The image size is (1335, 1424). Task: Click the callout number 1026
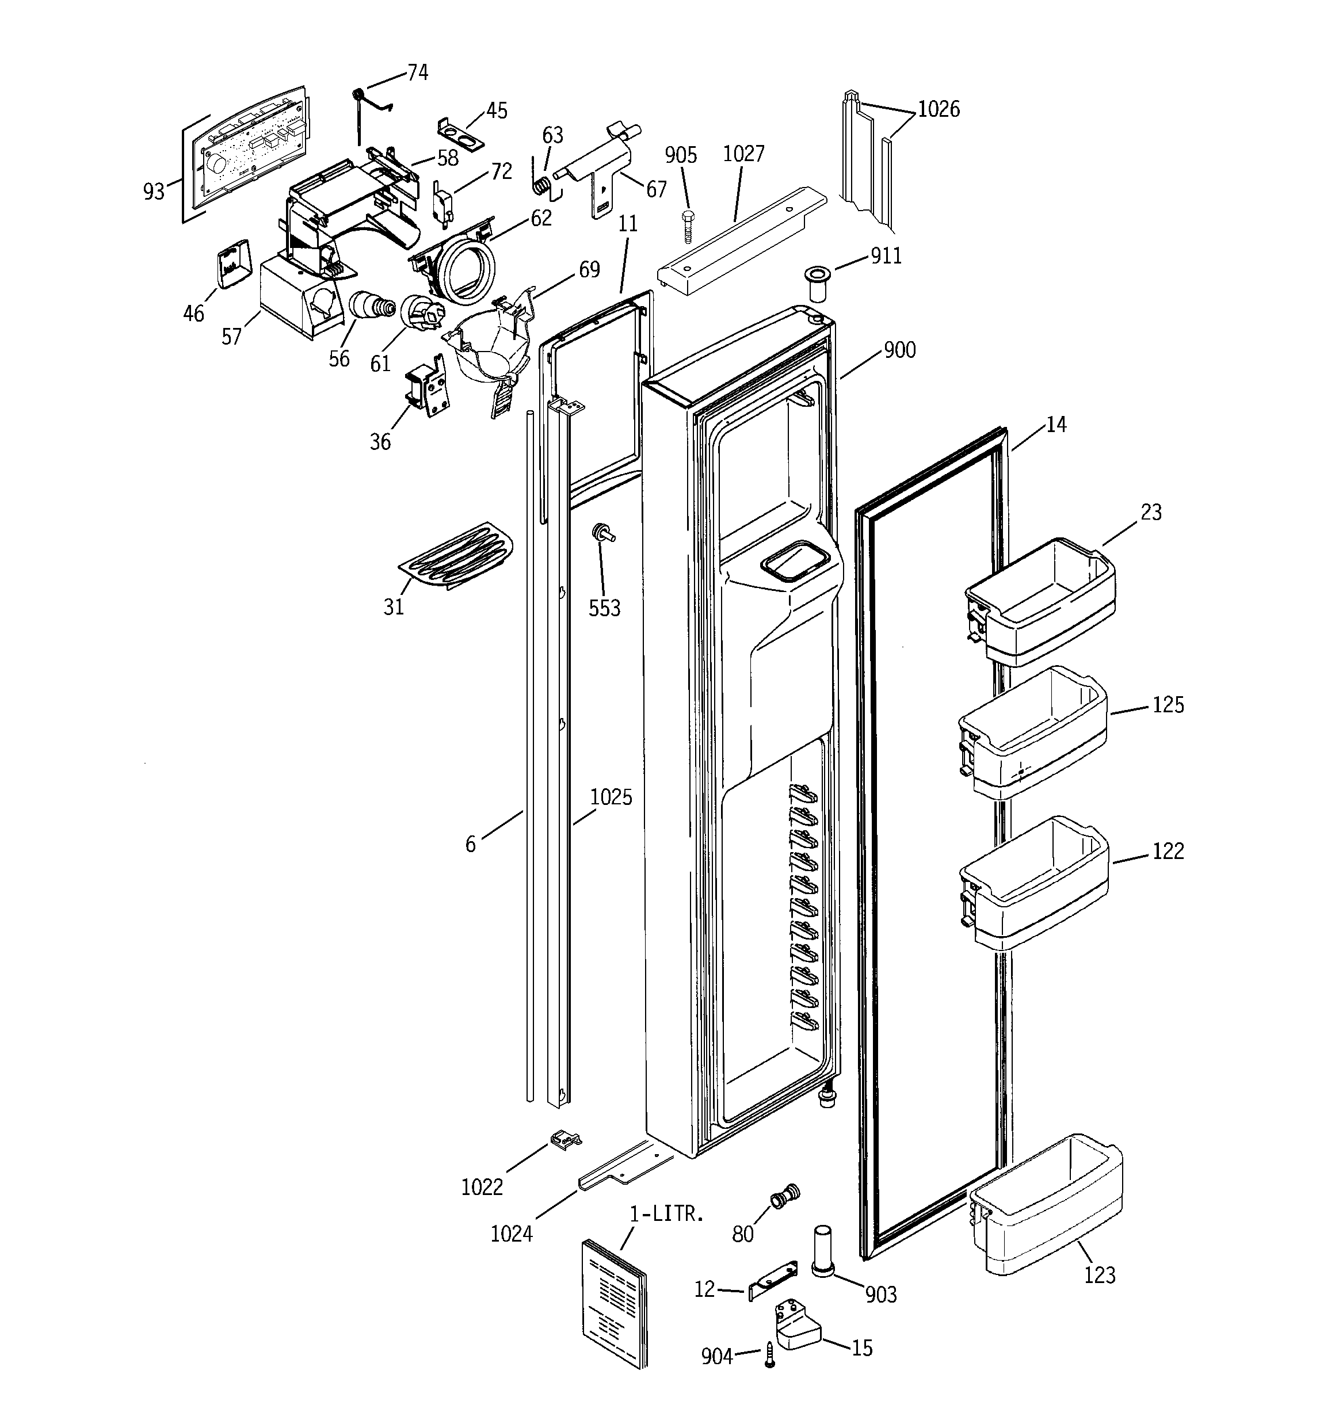[938, 109]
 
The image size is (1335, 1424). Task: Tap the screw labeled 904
[769, 1355]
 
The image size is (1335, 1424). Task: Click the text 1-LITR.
[666, 1213]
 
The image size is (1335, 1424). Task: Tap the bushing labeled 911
[815, 284]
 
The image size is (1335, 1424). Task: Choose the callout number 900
[899, 350]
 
